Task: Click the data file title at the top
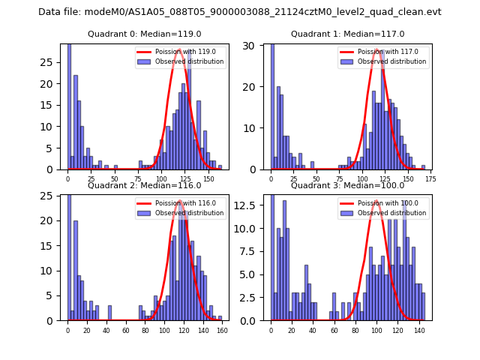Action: [240, 12]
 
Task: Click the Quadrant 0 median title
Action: [145, 34]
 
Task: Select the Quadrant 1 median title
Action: [347, 34]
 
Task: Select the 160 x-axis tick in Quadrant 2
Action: [222, 330]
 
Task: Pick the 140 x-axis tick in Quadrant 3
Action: [418, 330]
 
